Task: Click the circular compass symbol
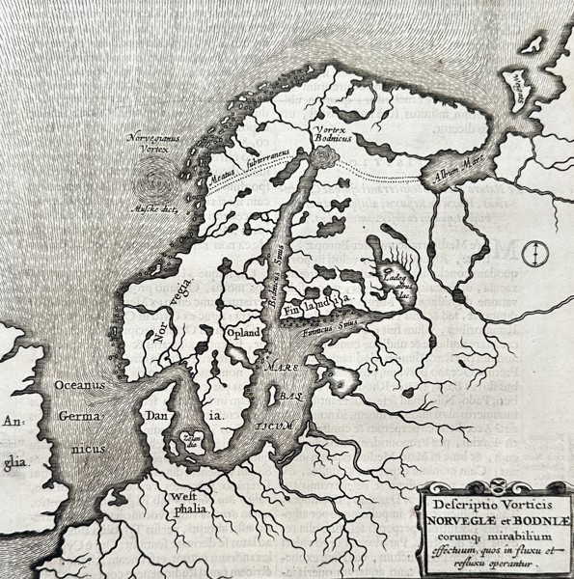point(532,254)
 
